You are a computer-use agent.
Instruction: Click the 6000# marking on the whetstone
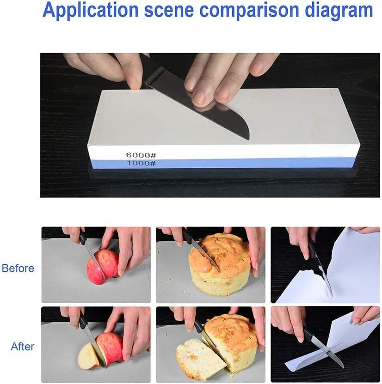pyautogui.click(x=141, y=155)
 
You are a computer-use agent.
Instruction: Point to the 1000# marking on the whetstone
pyautogui.click(x=142, y=163)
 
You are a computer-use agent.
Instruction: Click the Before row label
pyautogui.click(x=18, y=268)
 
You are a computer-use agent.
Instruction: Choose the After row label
pyautogui.click(x=23, y=347)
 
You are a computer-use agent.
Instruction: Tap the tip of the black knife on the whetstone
pyautogui.click(x=248, y=140)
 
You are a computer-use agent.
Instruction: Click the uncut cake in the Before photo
pyautogui.click(x=220, y=264)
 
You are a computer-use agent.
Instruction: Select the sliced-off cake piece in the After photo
pyautogui.click(x=200, y=356)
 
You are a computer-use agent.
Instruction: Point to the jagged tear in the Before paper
pyautogui.click(x=313, y=271)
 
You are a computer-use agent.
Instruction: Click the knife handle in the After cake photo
pyautogui.click(x=198, y=325)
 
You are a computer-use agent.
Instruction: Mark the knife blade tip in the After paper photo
pyautogui.click(x=343, y=367)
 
